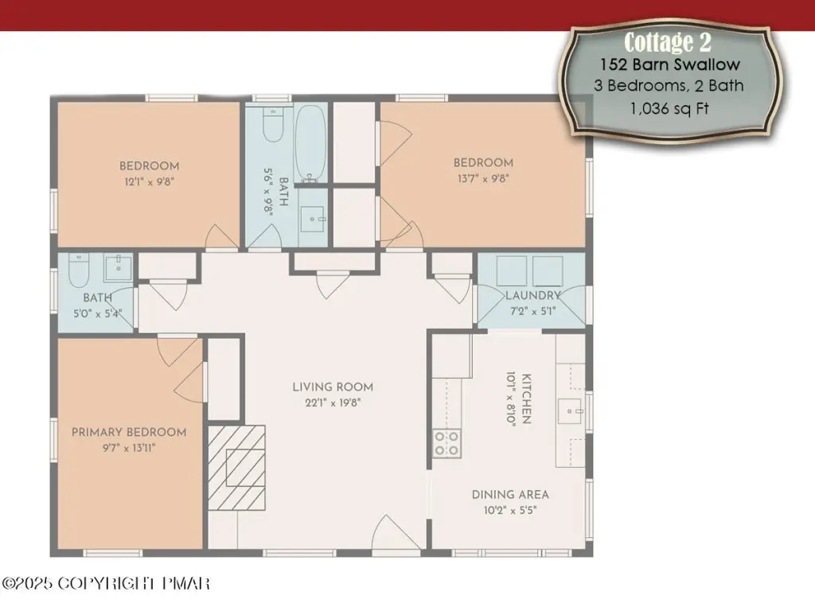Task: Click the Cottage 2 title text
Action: point(668,42)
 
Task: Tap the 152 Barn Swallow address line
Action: point(670,64)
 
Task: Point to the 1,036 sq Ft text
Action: point(669,108)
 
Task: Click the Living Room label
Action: point(333,387)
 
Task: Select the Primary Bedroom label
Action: point(129,432)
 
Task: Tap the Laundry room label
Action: point(533,296)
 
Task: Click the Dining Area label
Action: point(510,495)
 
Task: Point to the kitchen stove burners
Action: point(446,443)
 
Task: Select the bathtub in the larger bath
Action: point(311,143)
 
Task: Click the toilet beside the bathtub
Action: point(273,124)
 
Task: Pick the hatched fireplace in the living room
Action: point(236,468)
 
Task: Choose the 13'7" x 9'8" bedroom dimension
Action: point(483,179)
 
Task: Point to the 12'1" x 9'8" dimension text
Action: point(149,182)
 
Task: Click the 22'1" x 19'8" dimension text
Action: point(333,403)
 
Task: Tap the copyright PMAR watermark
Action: point(106,583)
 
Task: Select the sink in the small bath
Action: point(119,267)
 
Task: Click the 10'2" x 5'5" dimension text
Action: point(510,510)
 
